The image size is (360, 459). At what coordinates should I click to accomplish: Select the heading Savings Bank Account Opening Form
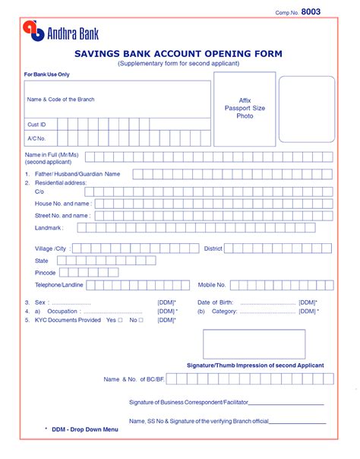(x=178, y=54)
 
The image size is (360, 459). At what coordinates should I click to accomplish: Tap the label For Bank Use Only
(x=46, y=74)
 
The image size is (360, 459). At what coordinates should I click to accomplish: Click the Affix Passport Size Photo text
(x=245, y=108)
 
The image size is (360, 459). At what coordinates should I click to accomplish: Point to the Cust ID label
(x=37, y=124)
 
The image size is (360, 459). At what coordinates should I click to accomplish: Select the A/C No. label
(x=37, y=138)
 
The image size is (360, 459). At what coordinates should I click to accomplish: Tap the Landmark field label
(x=49, y=227)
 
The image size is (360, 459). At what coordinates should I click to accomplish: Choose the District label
(x=213, y=248)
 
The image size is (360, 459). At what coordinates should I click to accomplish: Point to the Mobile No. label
(x=212, y=285)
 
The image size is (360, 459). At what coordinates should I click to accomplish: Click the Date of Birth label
(x=216, y=302)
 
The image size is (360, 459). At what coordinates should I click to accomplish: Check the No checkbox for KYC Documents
(x=141, y=320)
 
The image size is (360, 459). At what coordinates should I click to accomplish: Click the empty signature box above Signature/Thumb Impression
(x=254, y=343)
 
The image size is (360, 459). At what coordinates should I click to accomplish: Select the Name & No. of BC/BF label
(x=134, y=378)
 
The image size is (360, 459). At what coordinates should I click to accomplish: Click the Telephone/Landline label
(x=59, y=285)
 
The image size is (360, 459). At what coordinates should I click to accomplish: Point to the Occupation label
(x=62, y=311)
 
